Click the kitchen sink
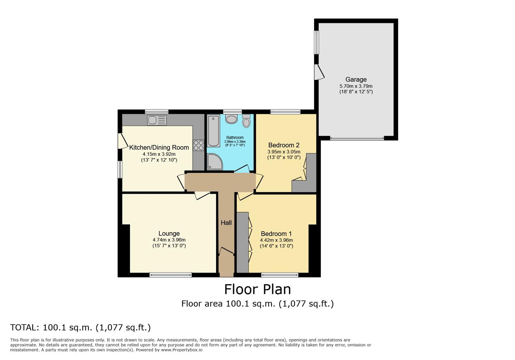157,120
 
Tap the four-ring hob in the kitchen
198,145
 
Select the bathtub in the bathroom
213,131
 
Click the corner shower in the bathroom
214,162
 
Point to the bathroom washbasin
231,119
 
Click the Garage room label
356,79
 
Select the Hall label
226,223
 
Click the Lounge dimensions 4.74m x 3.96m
169,240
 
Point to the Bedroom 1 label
276,234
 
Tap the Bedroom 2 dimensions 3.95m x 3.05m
284,152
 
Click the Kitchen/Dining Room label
159,147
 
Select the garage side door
319,72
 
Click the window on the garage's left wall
317,42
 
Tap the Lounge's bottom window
170,275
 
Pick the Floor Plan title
257,289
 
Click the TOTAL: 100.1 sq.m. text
80,327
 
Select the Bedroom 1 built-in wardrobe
242,242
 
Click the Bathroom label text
235,137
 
